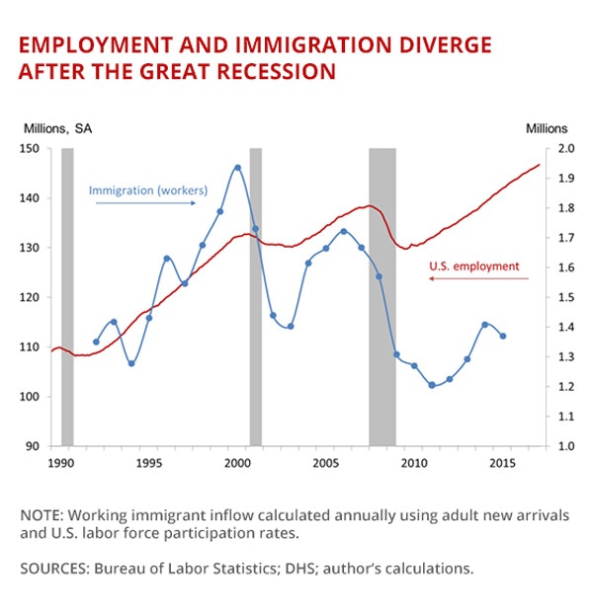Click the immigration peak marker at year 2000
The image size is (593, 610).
pyautogui.click(x=237, y=168)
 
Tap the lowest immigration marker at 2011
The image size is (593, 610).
pyautogui.click(x=432, y=385)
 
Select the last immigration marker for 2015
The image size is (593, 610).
pyautogui.click(x=502, y=336)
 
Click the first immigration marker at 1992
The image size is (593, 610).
pyautogui.click(x=96, y=342)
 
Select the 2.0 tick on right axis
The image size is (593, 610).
pyautogui.click(x=566, y=149)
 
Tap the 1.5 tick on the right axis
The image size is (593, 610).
pyautogui.click(x=566, y=297)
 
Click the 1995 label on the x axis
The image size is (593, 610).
pyautogui.click(x=149, y=462)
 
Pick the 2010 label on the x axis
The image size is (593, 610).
pyautogui.click(x=414, y=462)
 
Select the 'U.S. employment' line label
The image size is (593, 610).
pyautogui.click(x=473, y=266)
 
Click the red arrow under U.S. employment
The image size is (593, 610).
pyautogui.click(x=479, y=279)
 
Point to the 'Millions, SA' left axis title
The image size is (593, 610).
pyautogui.click(x=60, y=128)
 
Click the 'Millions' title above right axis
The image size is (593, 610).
pyautogui.click(x=547, y=128)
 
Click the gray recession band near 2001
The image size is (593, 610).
pyautogui.click(x=255, y=296)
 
